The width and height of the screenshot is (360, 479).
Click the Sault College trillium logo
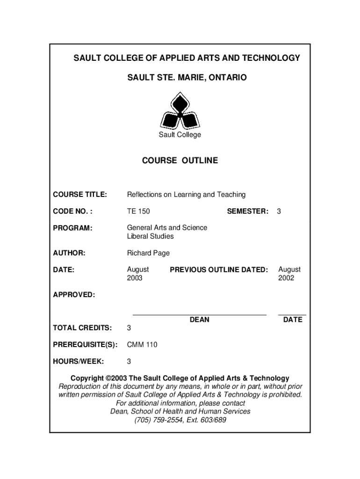[180, 111]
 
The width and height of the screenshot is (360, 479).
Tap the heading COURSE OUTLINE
[180, 160]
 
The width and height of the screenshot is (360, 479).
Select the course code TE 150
[138, 211]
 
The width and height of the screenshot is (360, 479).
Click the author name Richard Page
[148, 253]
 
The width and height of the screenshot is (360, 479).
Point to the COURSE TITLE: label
[80, 194]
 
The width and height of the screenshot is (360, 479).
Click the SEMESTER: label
[248, 211]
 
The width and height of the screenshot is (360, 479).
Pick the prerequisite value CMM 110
[142, 345]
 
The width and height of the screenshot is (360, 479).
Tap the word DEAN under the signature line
[199, 319]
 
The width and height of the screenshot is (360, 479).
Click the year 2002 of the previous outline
[286, 278]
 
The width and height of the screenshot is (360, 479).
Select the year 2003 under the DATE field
[135, 278]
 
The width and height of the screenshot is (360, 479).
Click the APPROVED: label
[74, 295]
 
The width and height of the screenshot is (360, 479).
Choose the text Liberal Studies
[150, 236]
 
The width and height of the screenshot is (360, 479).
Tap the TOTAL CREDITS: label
[82, 327]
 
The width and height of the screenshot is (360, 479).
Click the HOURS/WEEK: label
[78, 362]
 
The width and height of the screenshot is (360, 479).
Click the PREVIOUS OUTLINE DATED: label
[219, 269]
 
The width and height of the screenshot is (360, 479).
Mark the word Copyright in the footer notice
[87, 378]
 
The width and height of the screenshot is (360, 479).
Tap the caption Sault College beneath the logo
[180, 135]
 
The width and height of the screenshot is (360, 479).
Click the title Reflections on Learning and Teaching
[186, 194]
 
